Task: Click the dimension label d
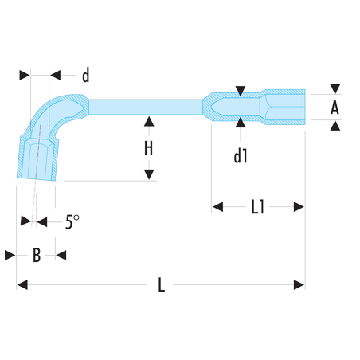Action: [x=86, y=76]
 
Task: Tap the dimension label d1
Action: [x=241, y=156]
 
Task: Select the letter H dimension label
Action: [x=149, y=148]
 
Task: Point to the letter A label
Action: [x=335, y=108]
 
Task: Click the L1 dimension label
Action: [x=258, y=207]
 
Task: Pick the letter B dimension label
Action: [x=37, y=255]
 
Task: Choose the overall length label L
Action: [x=162, y=285]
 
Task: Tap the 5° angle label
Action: [x=72, y=221]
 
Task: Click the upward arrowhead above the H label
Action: [x=149, y=121]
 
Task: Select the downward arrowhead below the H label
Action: [x=149, y=174]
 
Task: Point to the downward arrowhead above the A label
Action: [x=335, y=89]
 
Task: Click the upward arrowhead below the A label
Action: [x=335, y=125]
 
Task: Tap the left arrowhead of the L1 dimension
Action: [x=217, y=207]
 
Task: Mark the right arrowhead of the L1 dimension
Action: [x=299, y=207]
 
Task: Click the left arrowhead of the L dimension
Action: [x=22, y=285]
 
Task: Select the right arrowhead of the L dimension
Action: [x=299, y=285]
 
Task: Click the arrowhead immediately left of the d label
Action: [x=55, y=75]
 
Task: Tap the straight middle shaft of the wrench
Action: [x=146, y=107]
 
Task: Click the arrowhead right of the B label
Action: [x=61, y=256]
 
